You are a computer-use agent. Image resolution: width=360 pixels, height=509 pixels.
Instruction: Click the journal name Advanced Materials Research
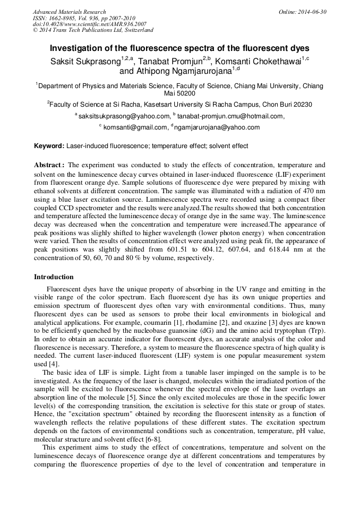(x=69, y=12)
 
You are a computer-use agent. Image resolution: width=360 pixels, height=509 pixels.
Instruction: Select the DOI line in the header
(x=90, y=24)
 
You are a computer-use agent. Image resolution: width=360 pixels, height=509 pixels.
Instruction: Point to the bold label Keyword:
(x=49, y=146)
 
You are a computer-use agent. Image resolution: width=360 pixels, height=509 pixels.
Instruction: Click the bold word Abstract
(x=49, y=165)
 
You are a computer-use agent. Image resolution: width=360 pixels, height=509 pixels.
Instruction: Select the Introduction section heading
(x=54, y=277)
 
